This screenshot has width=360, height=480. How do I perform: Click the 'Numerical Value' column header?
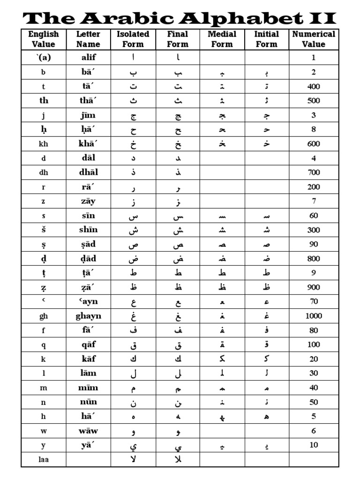click(314, 39)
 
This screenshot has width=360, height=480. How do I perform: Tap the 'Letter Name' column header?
click(88, 39)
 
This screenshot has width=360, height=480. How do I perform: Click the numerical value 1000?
click(314, 316)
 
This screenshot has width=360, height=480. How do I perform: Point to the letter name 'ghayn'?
click(88, 316)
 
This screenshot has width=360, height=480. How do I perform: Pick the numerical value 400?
click(314, 87)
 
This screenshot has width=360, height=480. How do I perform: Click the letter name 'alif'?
click(88, 58)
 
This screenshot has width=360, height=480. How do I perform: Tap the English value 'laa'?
click(44, 459)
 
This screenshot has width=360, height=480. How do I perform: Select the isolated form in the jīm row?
click(133, 116)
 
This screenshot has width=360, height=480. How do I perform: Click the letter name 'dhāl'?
click(88, 172)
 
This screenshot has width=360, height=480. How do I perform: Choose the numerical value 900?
click(314, 287)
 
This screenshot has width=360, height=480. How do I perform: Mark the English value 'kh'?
click(44, 144)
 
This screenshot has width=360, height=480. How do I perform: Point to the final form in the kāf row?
click(178, 359)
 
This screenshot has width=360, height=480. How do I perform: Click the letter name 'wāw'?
click(88, 431)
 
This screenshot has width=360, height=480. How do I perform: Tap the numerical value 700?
click(314, 172)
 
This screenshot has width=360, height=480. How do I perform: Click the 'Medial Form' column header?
click(222, 39)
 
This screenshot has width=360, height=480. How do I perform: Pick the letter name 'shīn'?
click(88, 230)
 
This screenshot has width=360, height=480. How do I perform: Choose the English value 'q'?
click(44, 345)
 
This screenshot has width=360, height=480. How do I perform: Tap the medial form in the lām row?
click(222, 374)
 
